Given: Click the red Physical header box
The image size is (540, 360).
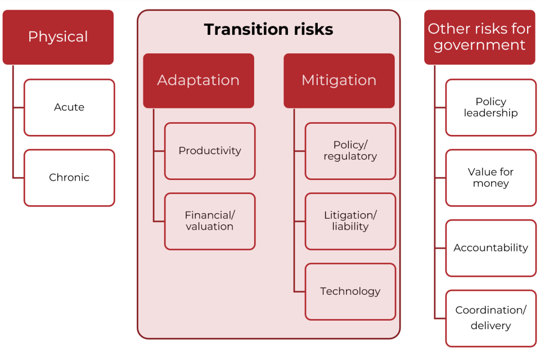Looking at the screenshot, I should tap(58, 37).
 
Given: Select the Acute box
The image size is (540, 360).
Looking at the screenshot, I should tap(69, 107).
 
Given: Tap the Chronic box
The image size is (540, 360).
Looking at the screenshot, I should tap(69, 178).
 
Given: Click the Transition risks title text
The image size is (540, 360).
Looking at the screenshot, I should tap(268, 29).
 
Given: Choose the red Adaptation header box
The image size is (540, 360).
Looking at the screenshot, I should tap(198, 80).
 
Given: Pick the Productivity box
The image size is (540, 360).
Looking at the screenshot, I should tap(210, 151).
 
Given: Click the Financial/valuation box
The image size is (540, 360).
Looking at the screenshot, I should tap(210, 221).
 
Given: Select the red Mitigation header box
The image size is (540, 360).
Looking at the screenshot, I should tap(339, 80).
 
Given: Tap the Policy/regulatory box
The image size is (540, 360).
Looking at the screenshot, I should tap(350, 151).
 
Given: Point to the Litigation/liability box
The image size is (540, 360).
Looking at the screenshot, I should tap(350, 221).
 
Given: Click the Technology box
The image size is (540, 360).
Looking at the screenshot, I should tap(350, 291).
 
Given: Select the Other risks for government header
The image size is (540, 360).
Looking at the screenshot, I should tap(479, 37).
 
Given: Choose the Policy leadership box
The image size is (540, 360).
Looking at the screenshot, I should tap(490, 107).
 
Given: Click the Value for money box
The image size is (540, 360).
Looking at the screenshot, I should tap(490, 178).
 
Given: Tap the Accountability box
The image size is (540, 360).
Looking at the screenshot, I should tap(490, 248).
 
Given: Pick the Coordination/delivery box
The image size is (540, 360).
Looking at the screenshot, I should tap(490, 318).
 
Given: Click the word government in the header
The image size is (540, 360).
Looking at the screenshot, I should tap(479, 46).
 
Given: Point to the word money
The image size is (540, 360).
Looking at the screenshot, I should tap(490, 184).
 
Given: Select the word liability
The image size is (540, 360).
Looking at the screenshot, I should tap(350, 227).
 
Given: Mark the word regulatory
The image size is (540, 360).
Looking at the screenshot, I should tap(350, 156).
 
